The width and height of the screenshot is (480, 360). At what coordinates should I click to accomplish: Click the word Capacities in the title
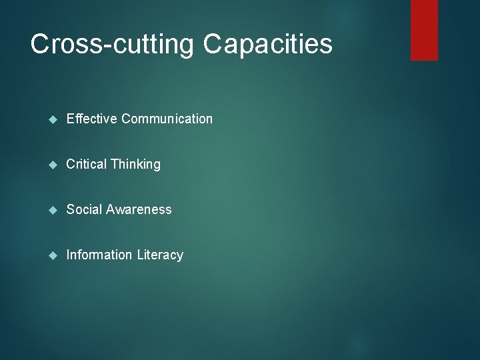[x=267, y=44]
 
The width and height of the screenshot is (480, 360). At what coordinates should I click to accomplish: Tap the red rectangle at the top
[x=424, y=29]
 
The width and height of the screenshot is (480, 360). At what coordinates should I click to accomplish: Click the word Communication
[x=167, y=119]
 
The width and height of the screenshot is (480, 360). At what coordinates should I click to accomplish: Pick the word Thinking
[x=136, y=164]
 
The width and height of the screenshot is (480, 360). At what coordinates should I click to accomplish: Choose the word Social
[x=84, y=209]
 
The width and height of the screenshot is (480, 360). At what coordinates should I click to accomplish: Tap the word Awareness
[x=138, y=209]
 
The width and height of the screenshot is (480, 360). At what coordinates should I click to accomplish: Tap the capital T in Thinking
[x=115, y=164]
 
